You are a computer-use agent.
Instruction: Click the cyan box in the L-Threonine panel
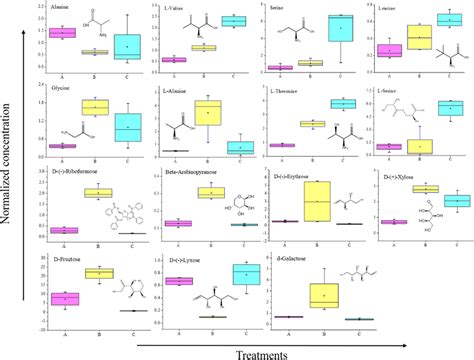(343, 104)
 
